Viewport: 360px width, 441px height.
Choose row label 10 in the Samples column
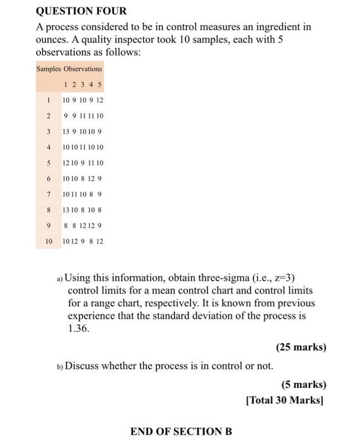[48, 241]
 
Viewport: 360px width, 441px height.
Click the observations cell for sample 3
[82, 132]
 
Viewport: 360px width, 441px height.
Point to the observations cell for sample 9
[82, 226]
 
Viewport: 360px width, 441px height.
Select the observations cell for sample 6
[82, 178]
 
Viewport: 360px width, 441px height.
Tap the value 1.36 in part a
[79, 328]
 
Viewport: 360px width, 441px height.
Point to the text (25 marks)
[301, 347]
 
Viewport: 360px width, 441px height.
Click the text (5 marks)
[304, 384]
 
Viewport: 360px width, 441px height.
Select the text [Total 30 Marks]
[286, 399]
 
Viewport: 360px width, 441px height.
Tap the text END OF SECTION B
[181, 432]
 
